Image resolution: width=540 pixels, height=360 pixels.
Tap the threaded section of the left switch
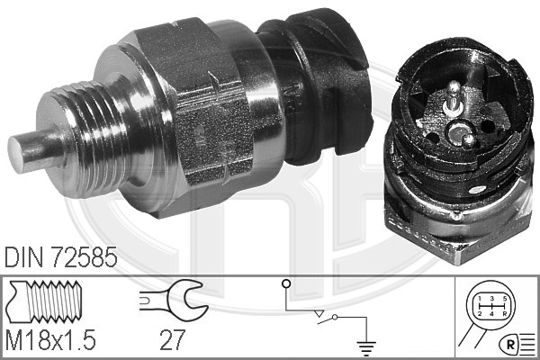[x=86, y=138]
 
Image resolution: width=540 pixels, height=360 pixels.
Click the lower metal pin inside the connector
[x=468, y=140]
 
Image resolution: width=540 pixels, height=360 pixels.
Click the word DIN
[x=23, y=257]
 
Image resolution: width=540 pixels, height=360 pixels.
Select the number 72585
[x=84, y=257]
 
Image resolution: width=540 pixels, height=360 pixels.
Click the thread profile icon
[x=45, y=301]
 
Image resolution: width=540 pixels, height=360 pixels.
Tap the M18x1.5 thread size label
[x=50, y=339]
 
